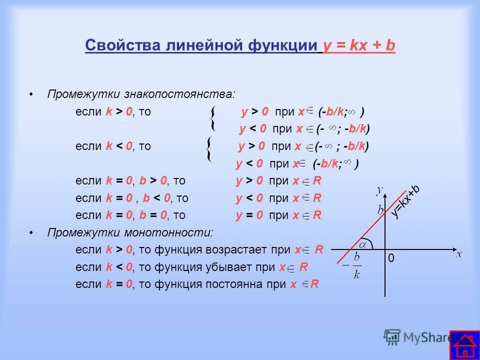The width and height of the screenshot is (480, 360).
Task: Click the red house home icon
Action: (x=464, y=345)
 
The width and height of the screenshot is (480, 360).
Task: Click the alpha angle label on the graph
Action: (x=363, y=244)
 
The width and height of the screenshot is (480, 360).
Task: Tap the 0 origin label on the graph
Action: (x=391, y=258)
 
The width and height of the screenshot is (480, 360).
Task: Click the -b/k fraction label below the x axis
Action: (x=355, y=265)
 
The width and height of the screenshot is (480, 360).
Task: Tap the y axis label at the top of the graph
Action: (x=380, y=189)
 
